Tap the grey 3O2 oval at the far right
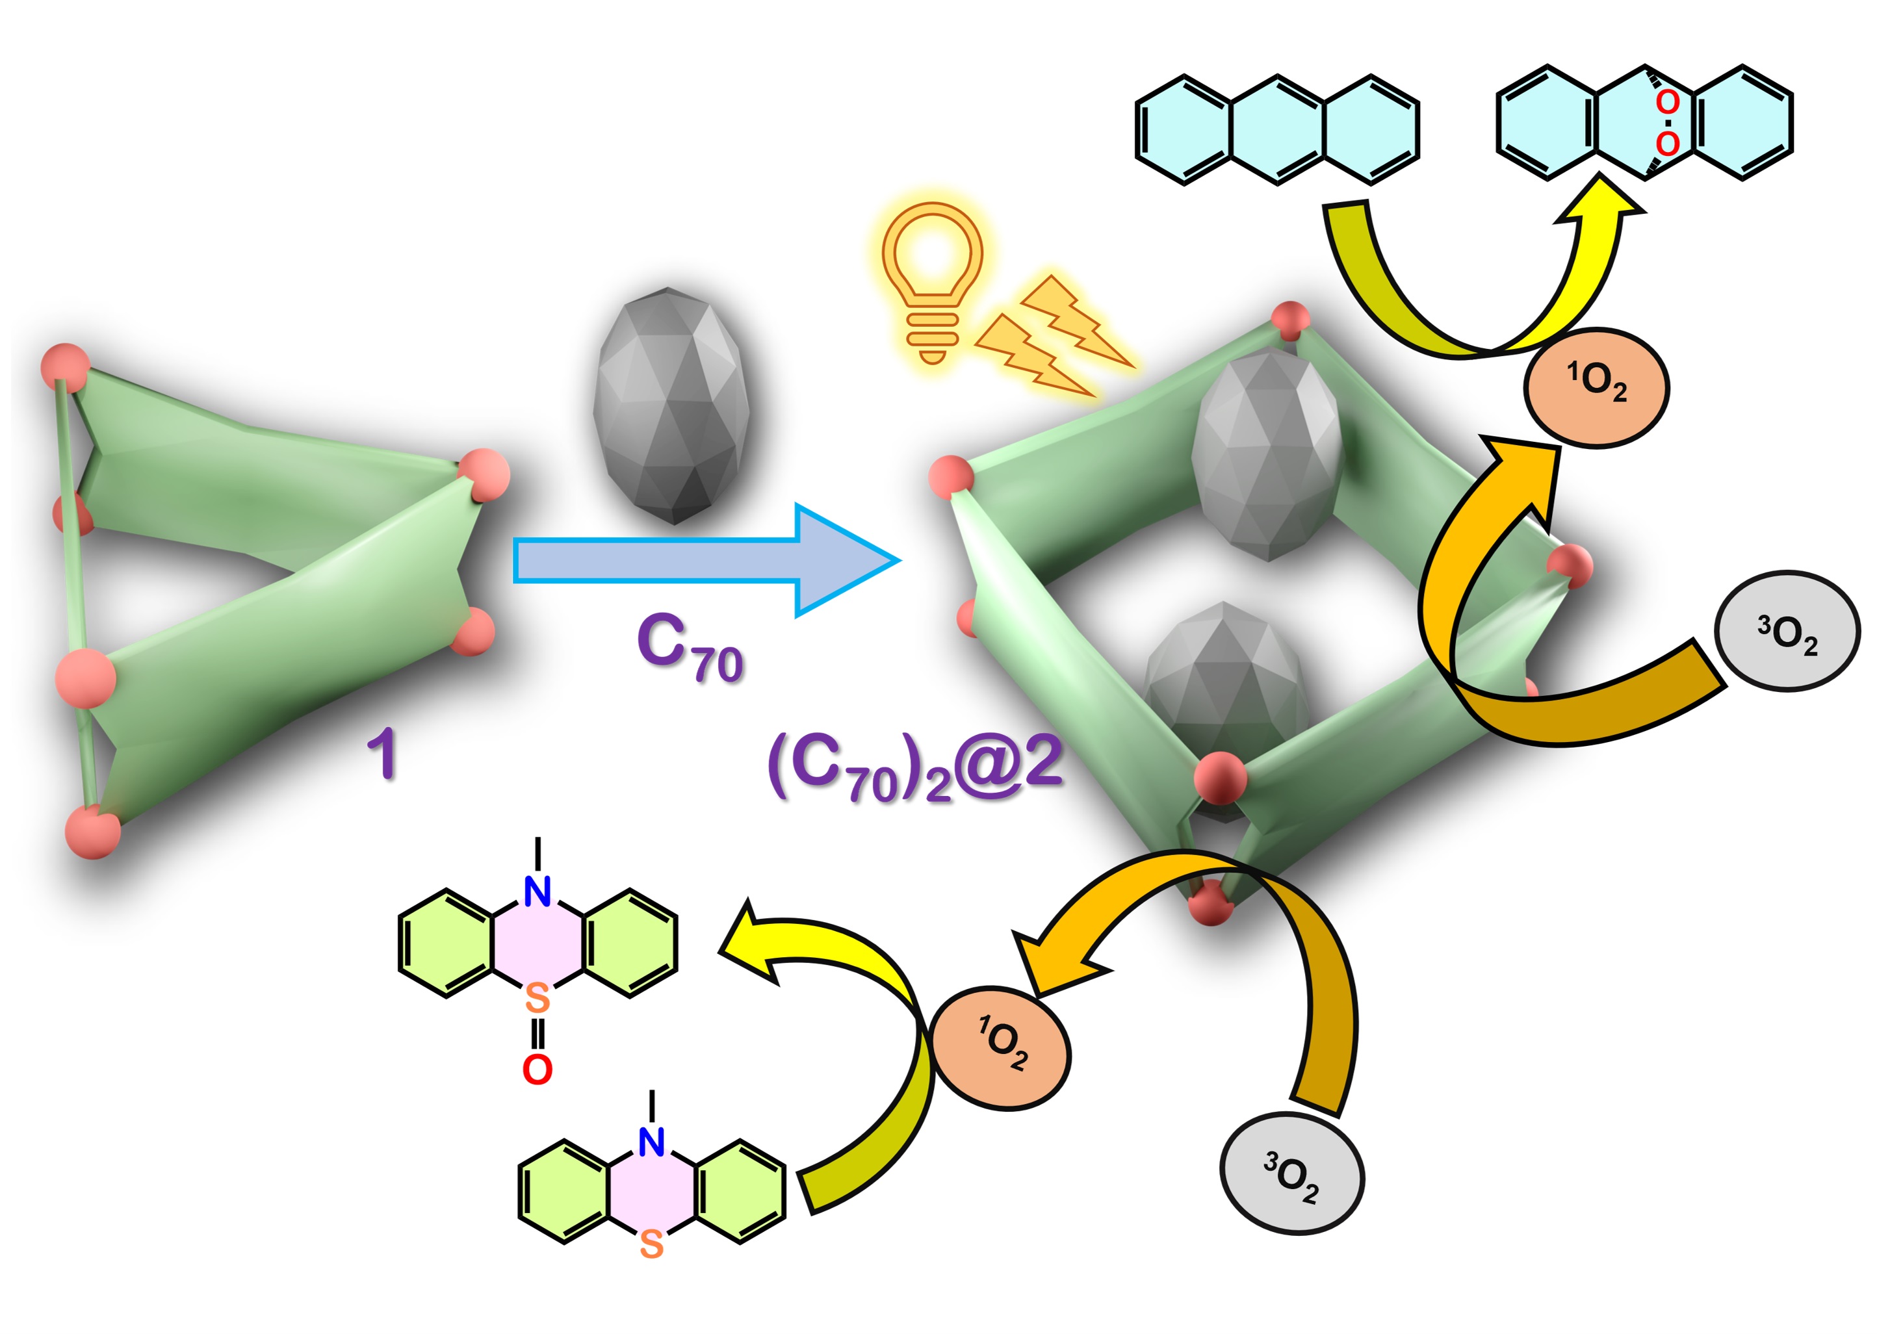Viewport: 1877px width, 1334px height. [1787, 632]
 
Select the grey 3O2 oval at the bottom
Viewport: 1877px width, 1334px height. [1291, 1174]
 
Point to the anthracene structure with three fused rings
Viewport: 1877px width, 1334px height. [1276, 130]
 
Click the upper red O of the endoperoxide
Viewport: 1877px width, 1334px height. [1666, 103]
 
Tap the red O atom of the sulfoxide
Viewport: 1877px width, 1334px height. [537, 1070]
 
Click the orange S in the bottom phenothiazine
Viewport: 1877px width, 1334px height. [651, 1245]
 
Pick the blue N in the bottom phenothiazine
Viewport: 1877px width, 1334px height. [651, 1142]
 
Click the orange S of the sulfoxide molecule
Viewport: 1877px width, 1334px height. [537, 999]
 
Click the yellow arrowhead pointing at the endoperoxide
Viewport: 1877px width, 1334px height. [1598, 201]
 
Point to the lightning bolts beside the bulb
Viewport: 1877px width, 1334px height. [1052, 337]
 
